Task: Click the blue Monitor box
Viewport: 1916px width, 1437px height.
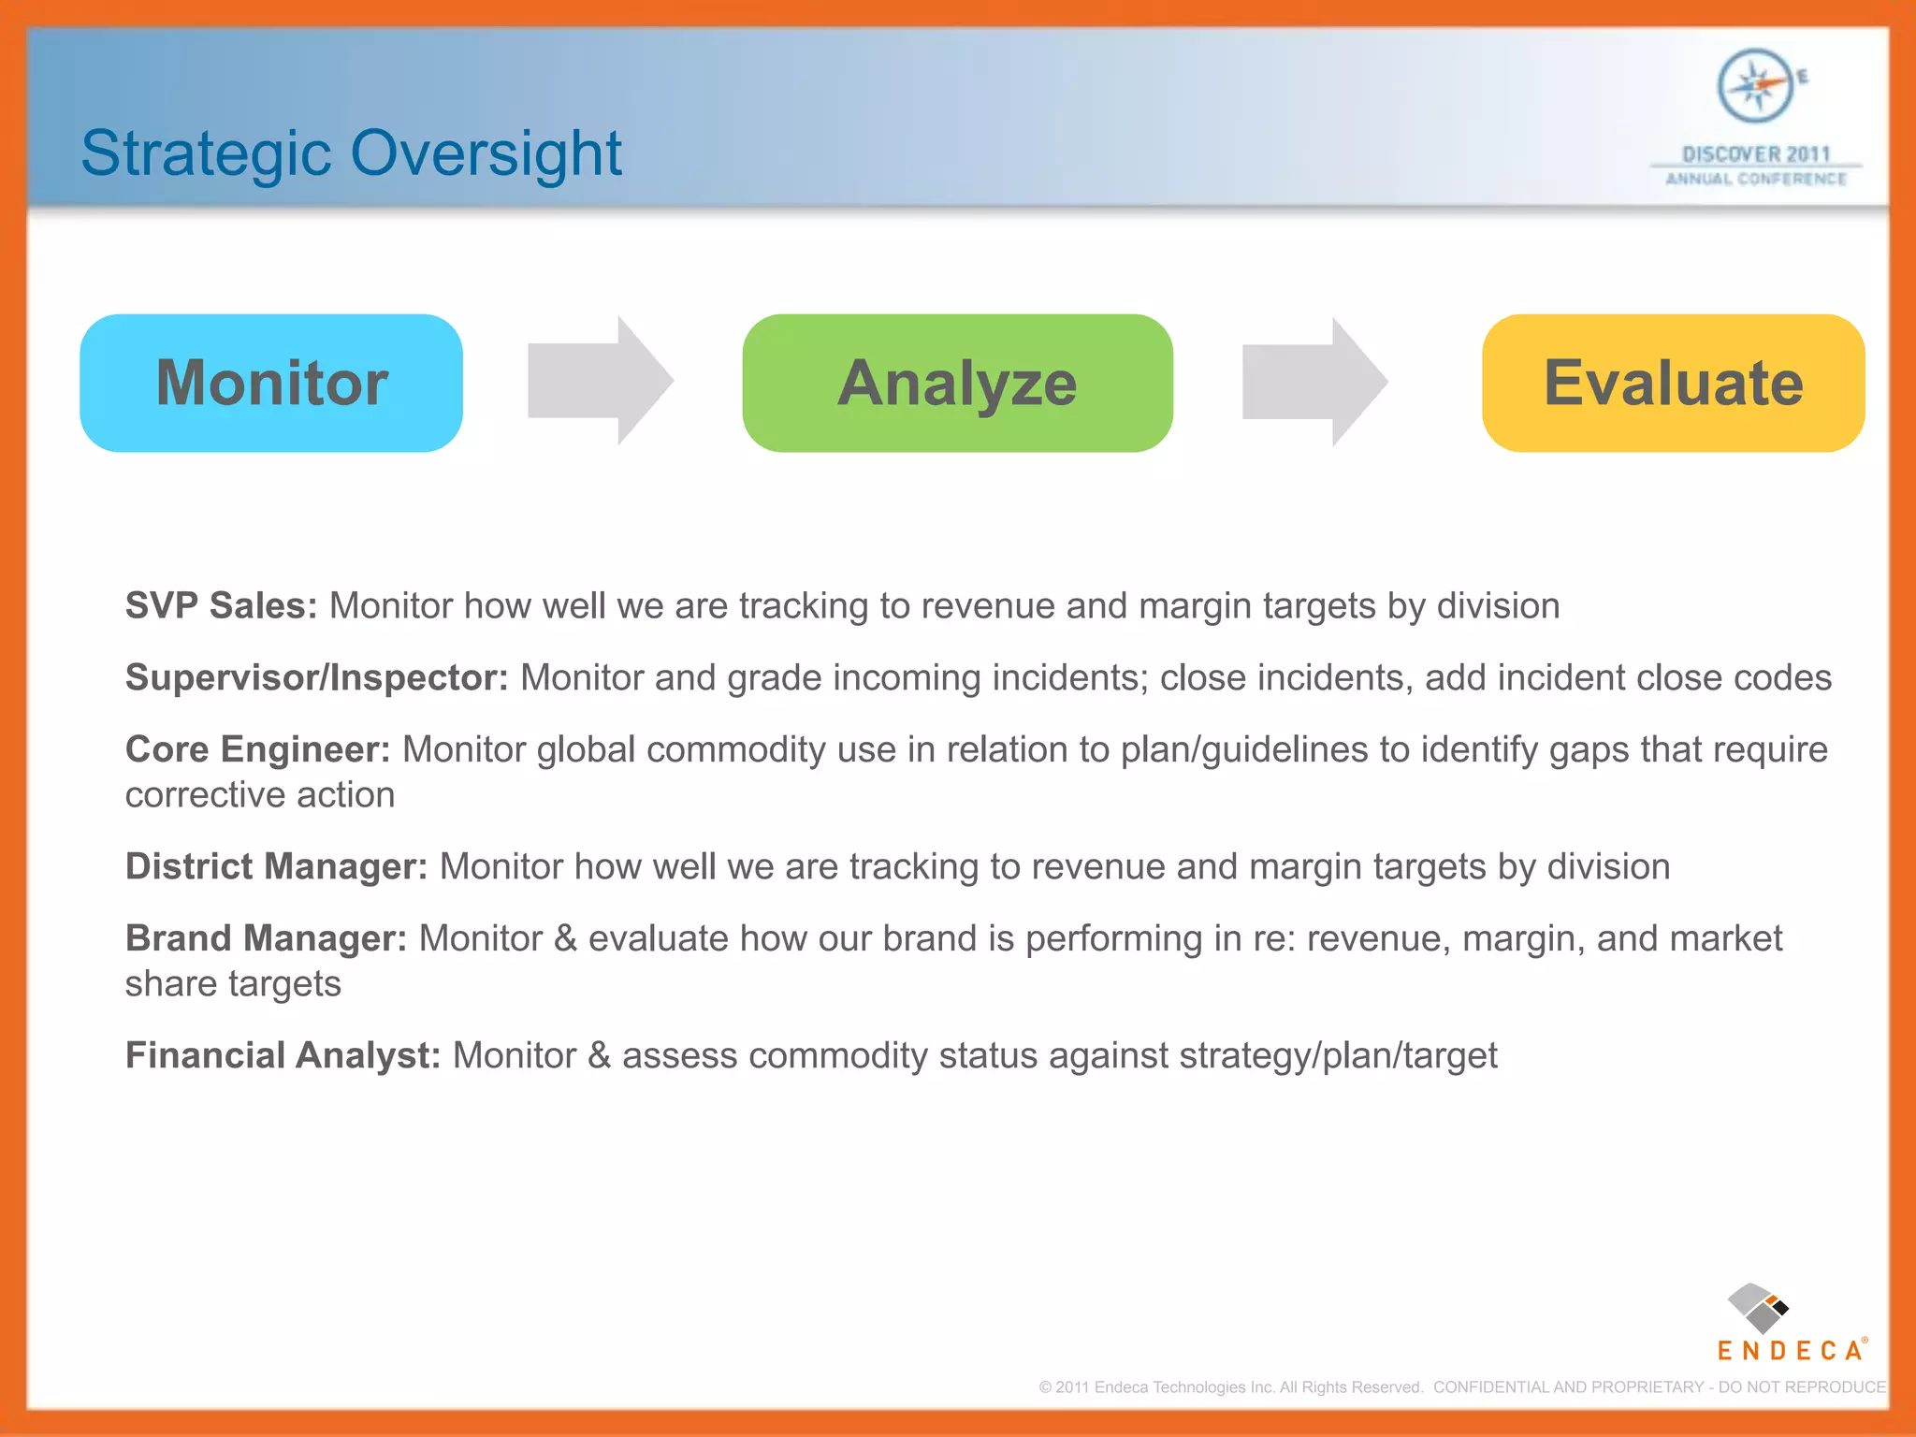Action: click(x=271, y=384)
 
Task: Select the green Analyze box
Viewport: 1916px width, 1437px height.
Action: click(x=957, y=384)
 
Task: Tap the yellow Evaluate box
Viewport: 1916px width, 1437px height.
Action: click(x=1673, y=384)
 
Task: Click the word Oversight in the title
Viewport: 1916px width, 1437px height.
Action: click(x=486, y=154)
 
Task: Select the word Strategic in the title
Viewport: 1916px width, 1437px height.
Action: click(x=206, y=154)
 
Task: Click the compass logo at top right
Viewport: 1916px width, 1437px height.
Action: click(x=1756, y=86)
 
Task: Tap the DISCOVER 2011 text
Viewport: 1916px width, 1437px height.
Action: click(x=1756, y=154)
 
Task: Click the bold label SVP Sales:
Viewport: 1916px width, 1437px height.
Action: click(x=222, y=606)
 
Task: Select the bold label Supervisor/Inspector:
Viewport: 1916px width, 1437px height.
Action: click(x=317, y=678)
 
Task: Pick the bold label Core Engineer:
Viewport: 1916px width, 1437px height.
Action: click(x=257, y=749)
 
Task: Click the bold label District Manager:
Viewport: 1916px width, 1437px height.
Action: click(x=276, y=866)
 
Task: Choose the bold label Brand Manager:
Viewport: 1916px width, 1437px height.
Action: click(x=267, y=938)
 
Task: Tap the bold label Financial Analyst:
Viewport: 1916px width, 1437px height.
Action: click(x=283, y=1055)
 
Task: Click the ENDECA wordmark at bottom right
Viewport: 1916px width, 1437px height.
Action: click(x=1791, y=1351)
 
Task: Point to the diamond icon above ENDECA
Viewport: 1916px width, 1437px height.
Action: click(x=1758, y=1308)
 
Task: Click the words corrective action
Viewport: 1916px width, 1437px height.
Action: click(x=260, y=795)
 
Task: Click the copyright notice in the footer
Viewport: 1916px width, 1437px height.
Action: click(x=1461, y=1387)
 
